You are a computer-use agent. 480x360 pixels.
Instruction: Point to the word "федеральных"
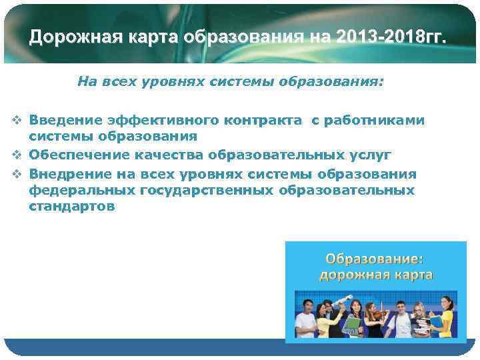[x=82, y=191]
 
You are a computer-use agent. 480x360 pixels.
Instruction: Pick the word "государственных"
[x=207, y=191]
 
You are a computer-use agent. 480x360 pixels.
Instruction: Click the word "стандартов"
[x=72, y=207]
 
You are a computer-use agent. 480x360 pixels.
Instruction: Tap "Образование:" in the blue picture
[x=374, y=258]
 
